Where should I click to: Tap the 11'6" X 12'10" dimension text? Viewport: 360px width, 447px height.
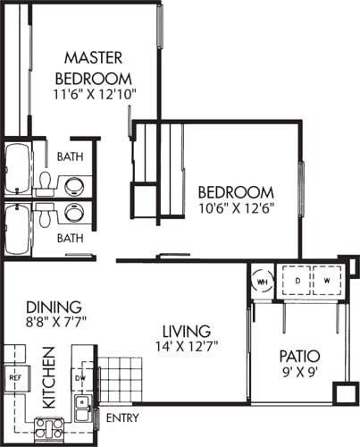(96, 93)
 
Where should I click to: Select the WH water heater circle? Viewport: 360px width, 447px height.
(262, 281)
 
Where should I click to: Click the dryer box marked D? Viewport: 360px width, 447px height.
(296, 280)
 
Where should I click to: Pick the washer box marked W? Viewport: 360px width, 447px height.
(326, 280)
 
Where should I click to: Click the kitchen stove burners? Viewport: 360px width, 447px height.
(48, 428)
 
